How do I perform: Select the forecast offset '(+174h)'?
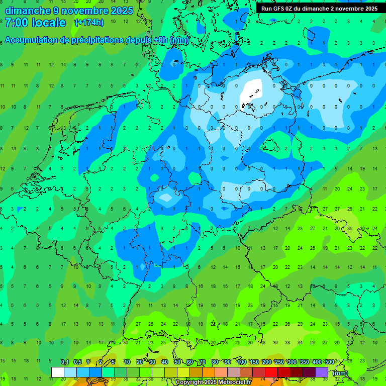pyautogui.click(x=89, y=23)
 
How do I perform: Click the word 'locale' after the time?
pyautogui.click(x=49, y=23)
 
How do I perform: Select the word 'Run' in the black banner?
pyautogui.click(x=267, y=9)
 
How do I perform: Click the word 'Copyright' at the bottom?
pyautogui.click(x=190, y=382)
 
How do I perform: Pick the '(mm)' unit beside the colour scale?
pyautogui.click(x=340, y=373)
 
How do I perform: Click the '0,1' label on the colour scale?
pyautogui.click(x=65, y=362)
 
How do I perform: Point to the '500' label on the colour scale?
pyautogui.click(x=329, y=362)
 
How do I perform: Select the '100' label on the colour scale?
pyautogui.click(x=241, y=362)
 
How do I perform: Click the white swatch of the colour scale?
pyautogui.click(x=58, y=372)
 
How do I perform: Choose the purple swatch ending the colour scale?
pyautogui.click(x=322, y=372)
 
